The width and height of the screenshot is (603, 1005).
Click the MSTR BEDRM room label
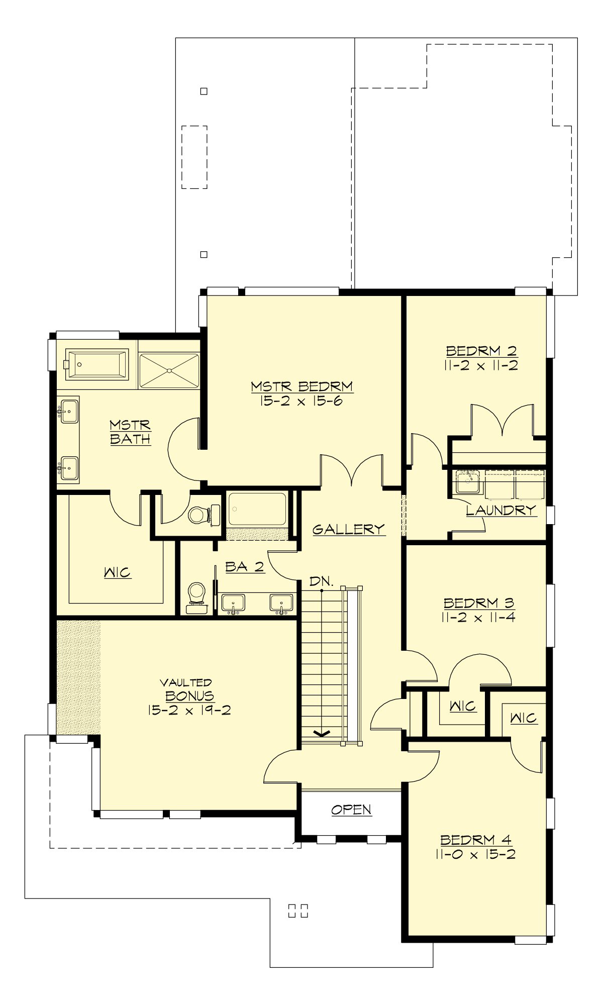(x=301, y=386)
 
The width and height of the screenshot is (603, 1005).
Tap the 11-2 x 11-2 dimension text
(x=480, y=365)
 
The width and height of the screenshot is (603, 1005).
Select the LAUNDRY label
(x=500, y=510)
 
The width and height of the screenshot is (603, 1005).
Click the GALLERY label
(x=348, y=529)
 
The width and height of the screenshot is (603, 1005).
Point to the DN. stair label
(x=321, y=581)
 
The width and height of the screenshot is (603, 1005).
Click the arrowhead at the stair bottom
(x=322, y=734)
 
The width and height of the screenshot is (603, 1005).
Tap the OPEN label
(x=351, y=810)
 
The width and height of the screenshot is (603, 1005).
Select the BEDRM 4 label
(x=475, y=840)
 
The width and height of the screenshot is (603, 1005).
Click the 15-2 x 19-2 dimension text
(x=189, y=710)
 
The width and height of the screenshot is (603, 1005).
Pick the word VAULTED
(x=186, y=682)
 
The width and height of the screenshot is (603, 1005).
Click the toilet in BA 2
(x=196, y=596)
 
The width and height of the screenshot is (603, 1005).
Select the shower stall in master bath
(x=169, y=371)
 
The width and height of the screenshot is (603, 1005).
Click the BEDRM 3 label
(x=478, y=602)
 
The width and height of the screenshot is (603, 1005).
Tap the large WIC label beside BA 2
(x=117, y=572)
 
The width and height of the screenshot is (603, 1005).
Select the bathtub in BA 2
(x=257, y=509)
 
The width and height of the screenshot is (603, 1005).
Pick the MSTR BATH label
(x=130, y=432)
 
